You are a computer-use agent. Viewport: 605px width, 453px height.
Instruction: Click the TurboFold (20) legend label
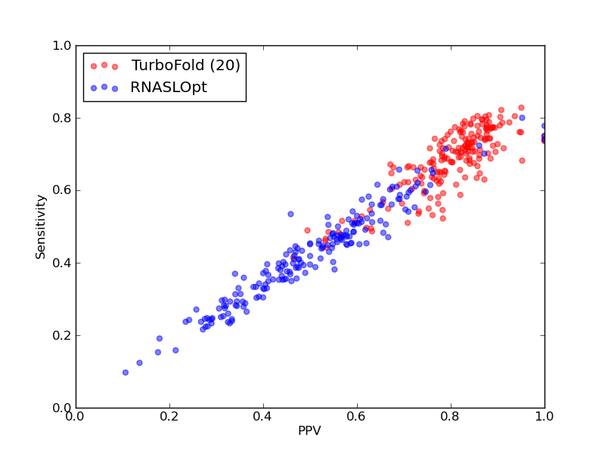pyautogui.click(x=185, y=66)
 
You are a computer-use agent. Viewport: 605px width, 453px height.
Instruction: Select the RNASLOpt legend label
pyautogui.click(x=169, y=88)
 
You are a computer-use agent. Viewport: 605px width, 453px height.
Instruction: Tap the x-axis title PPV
pyautogui.click(x=309, y=430)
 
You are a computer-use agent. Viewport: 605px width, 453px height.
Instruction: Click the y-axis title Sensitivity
pyautogui.click(x=41, y=227)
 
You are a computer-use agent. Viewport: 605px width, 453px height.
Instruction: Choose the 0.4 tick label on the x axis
pyautogui.click(x=263, y=417)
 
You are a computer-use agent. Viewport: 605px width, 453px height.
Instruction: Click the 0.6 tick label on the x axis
pyautogui.click(x=357, y=417)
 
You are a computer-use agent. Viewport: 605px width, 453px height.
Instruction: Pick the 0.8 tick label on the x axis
pyautogui.click(x=451, y=417)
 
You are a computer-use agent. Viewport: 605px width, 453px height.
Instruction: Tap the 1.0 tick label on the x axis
pyautogui.click(x=544, y=417)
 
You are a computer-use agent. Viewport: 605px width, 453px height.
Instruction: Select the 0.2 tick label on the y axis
pyautogui.click(x=62, y=335)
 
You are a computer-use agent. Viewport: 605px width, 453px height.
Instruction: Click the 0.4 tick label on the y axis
pyautogui.click(x=62, y=263)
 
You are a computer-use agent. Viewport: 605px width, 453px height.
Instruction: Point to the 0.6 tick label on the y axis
pyautogui.click(x=62, y=191)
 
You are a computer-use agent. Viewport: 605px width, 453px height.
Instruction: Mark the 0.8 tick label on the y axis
pyautogui.click(x=62, y=118)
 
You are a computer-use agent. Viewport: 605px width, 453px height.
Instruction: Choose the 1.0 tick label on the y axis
pyautogui.click(x=62, y=45)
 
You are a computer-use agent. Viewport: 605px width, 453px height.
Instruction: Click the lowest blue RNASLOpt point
pyautogui.click(x=126, y=372)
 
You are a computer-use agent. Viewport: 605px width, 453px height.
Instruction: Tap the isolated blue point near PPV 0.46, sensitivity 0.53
pyautogui.click(x=291, y=214)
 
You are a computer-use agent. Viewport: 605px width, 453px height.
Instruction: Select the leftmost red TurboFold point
pyautogui.click(x=293, y=257)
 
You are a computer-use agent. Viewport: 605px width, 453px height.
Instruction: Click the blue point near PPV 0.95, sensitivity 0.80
pyautogui.click(x=522, y=118)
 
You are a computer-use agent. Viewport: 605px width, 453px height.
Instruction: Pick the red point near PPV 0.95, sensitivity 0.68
pyautogui.click(x=522, y=161)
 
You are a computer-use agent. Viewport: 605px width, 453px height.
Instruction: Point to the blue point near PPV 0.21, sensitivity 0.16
pyautogui.click(x=175, y=350)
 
